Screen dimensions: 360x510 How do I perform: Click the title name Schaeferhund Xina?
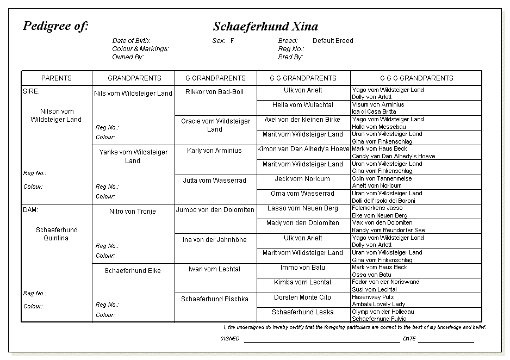(x=265, y=27)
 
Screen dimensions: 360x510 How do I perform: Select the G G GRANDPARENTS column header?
(x=303, y=78)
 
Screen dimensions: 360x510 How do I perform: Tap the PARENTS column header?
(x=57, y=78)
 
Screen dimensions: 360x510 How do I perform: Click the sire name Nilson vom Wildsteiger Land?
(x=56, y=116)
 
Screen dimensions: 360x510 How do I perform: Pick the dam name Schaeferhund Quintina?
(x=56, y=234)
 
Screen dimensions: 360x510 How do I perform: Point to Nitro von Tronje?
(x=133, y=212)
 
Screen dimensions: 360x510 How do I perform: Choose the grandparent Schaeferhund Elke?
(x=133, y=271)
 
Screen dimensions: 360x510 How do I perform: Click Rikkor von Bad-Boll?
(x=214, y=92)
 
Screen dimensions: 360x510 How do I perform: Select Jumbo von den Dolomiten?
(x=215, y=210)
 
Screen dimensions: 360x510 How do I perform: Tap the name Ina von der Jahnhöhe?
(x=215, y=240)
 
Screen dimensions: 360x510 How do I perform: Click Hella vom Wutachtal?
(x=303, y=105)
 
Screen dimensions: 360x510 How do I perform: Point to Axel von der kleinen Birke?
(x=302, y=120)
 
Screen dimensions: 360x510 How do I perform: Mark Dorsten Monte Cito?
(x=302, y=297)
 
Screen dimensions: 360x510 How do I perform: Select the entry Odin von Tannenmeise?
(x=382, y=178)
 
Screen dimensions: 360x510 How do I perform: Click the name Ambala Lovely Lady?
(x=378, y=305)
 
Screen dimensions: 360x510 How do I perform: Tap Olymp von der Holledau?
(x=383, y=312)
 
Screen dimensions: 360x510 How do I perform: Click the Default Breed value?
(x=333, y=41)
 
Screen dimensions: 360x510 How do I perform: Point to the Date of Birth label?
(x=131, y=41)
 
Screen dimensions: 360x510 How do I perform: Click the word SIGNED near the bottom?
(x=230, y=339)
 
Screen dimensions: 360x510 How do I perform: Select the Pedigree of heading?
(x=55, y=26)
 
